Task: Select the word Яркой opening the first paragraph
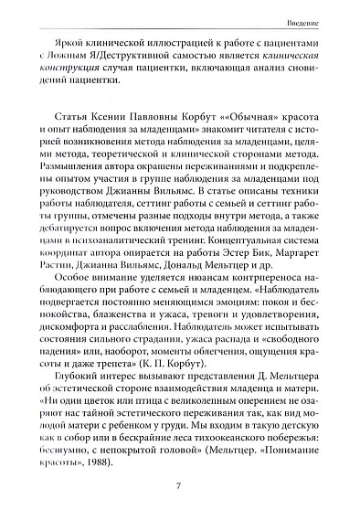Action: click(56, 44)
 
